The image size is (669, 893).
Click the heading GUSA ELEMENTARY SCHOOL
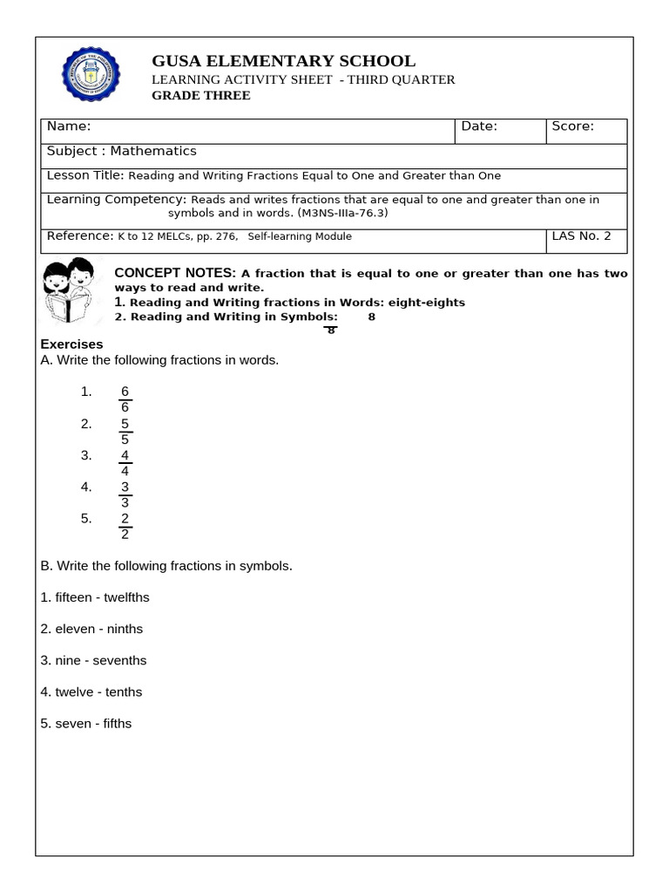click(284, 61)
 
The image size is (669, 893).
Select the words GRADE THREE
click(201, 96)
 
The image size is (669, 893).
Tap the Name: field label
click(69, 126)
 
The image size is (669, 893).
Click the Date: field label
click(479, 126)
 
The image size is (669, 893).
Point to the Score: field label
click(572, 126)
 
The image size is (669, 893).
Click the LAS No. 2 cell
click(582, 236)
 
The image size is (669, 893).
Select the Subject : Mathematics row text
click(122, 151)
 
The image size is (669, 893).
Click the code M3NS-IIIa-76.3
click(342, 213)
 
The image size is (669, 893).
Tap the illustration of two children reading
click(70, 291)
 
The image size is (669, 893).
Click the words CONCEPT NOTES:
click(175, 273)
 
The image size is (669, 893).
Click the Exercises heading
click(71, 344)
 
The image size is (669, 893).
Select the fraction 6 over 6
click(125, 399)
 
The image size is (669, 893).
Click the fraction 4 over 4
click(125, 462)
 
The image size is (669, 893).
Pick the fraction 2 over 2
click(125, 525)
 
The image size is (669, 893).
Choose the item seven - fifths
click(86, 723)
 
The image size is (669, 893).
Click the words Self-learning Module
click(300, 236)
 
